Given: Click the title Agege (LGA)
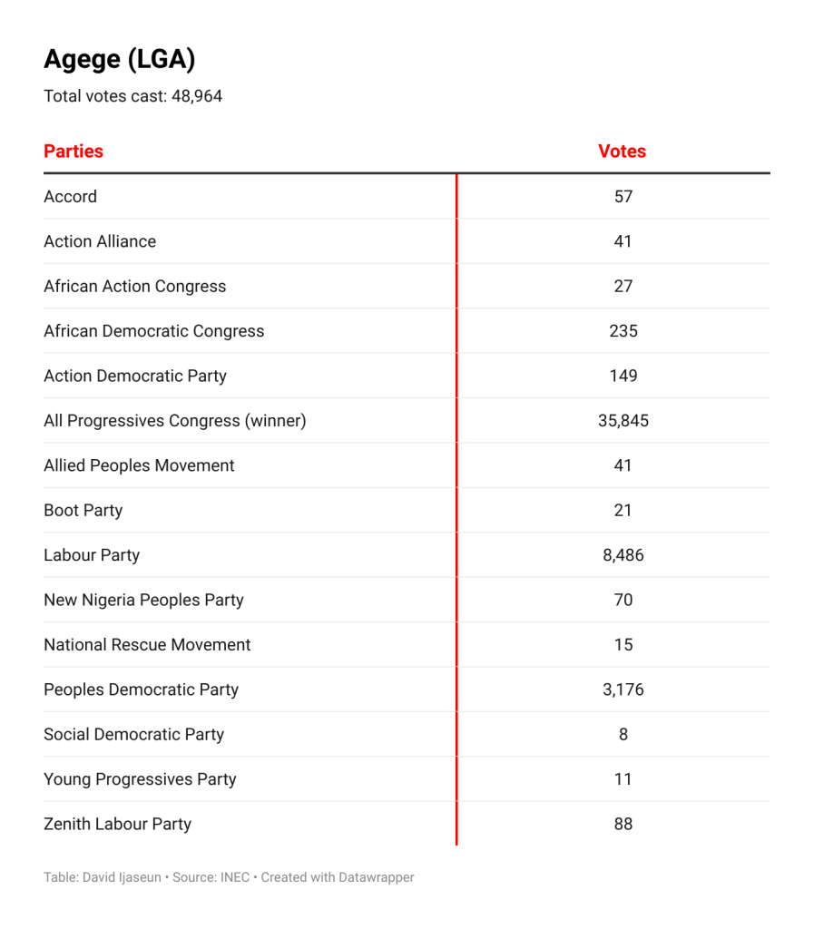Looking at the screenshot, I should [x=119, y=60].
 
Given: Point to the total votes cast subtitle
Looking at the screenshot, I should [x=132, y=96].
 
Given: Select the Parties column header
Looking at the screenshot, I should [x=74, y=152].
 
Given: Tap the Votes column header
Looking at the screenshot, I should [x=622, y=152].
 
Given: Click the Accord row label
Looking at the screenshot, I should [x=70, y=197].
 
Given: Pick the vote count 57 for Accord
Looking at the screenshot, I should [x=623, y=197].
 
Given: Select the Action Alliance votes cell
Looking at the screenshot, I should [x=623, y=241].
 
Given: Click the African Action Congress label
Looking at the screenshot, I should [x=134, y=287].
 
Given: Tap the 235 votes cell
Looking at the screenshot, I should [x=623, y=331].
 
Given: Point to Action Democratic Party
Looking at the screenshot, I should [x=134, y=376].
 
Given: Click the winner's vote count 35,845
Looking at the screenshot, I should [x=623, y=421].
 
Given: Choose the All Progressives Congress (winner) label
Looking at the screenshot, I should [x=174, y=421].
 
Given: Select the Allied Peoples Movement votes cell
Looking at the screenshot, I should [x=623, y=465].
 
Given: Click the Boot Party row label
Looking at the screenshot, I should [x=83, y=511].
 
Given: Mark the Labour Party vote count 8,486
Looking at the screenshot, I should [x=623, y=555].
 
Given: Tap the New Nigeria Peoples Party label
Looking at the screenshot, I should [x=143, y=600].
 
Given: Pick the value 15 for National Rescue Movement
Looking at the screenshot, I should [x=623, y=645].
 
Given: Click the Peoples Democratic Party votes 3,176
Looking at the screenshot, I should [x=623, y=689].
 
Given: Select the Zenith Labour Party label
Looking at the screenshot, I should [x=117, y=825].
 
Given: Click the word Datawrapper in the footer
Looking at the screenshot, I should [x=376, y=877].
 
